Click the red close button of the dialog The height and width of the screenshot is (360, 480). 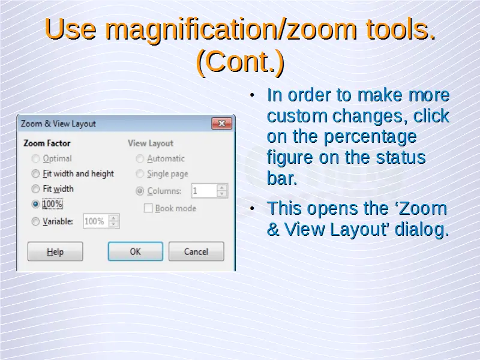[x=221, y=124]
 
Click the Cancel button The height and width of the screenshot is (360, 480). [x=196, y=251]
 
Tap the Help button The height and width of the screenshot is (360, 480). [x=55, y=251]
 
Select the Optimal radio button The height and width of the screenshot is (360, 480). [x=35, y=158]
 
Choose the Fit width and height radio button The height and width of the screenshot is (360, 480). [x=35, y=174]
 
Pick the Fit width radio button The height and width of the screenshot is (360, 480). [x=35, y=189]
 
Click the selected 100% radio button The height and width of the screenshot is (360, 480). [x=35, y=204]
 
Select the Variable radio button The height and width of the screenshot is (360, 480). [x=35, y=221]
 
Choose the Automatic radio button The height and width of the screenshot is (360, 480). [x=140, y=158]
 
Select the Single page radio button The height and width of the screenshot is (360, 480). [x=140, y=174]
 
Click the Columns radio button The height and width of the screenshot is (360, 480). [x=140, y=191]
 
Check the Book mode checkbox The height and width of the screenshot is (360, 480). [x=148, y=208]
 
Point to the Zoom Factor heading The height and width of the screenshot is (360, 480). [x=47, y=143]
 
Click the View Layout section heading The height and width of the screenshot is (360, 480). [x=151, y=143]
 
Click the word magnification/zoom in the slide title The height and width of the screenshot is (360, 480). [x=231, y=29]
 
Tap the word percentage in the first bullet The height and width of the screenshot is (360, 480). [x=370, y=137]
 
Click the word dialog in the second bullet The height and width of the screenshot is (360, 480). [x=422, y=229]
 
